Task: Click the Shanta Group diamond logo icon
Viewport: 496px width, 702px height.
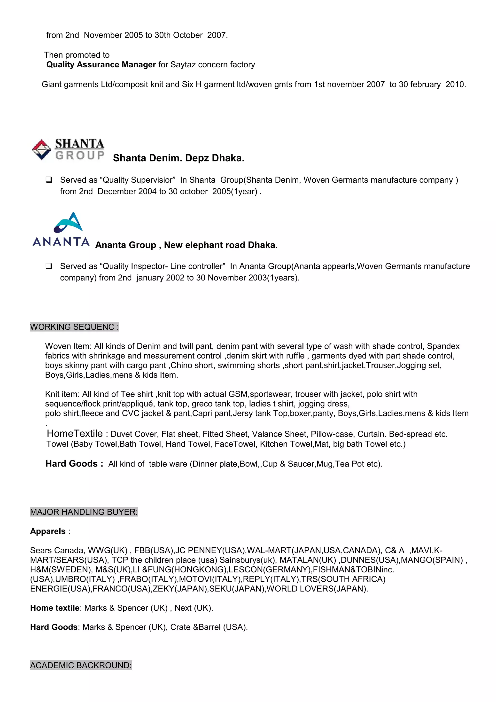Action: [42, 149]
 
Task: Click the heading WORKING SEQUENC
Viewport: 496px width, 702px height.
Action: [74, 327]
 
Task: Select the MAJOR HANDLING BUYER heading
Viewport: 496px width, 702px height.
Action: [84, 512]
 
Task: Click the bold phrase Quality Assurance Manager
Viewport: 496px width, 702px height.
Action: [101, 64]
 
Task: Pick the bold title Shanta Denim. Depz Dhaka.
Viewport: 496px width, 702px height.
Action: [178, 158]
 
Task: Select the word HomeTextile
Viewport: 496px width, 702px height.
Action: [75, 434]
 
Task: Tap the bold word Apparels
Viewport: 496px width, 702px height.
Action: [48, 531]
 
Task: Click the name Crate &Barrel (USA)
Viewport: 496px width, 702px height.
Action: [209, 627]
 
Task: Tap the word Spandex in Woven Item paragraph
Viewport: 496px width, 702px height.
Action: [443, 346]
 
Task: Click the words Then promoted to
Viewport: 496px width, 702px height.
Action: [77, 55]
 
